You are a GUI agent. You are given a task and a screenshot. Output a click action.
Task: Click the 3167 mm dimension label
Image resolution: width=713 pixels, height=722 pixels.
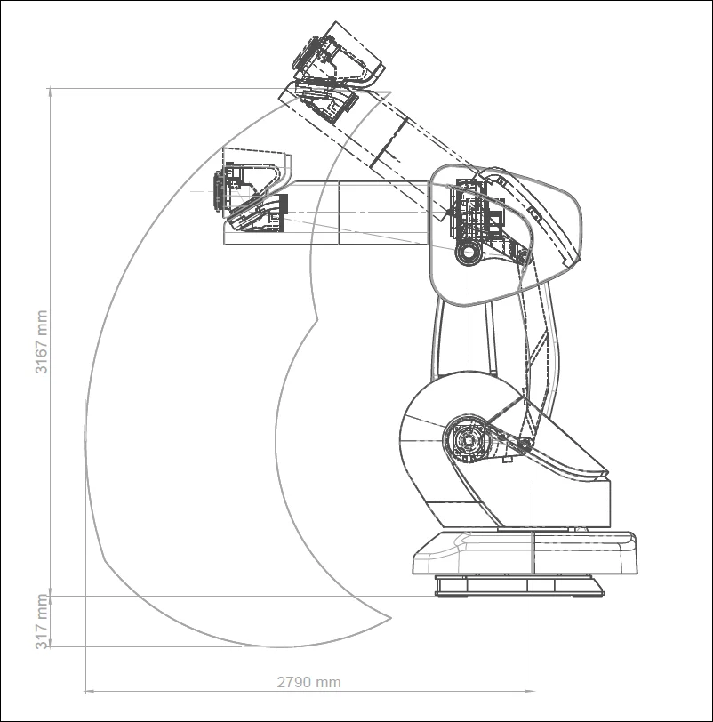coord(42,341)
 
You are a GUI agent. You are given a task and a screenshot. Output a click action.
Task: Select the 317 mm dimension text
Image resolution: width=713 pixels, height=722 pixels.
coord(42,622)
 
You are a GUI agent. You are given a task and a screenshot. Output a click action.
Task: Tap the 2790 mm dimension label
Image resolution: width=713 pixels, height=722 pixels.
coord(308,683)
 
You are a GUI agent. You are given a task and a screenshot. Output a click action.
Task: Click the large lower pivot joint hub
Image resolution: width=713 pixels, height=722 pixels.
coord(468,438)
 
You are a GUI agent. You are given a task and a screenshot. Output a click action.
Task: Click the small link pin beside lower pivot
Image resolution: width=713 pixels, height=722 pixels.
coord(525,445)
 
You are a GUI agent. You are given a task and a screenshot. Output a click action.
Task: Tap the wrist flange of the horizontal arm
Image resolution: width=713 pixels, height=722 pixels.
coord(218,191)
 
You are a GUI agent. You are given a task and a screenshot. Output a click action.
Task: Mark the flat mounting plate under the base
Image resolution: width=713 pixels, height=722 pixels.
coord(518,587)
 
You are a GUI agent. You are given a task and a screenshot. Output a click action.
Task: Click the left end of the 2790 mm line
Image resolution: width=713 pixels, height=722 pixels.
coord(85,690)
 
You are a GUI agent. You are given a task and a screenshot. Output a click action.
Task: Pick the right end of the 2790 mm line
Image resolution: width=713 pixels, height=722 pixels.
coord(533,690)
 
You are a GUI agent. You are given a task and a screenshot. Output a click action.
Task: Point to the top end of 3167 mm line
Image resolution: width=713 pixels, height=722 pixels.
coord(51,88)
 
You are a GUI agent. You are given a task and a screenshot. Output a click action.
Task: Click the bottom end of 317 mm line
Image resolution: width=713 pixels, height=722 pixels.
coord(51,646)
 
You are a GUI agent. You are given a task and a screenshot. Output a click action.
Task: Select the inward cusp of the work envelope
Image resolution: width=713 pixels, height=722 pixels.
coord(316,317)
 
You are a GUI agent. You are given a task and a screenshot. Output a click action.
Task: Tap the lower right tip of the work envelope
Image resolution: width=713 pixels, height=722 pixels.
coord(392,615)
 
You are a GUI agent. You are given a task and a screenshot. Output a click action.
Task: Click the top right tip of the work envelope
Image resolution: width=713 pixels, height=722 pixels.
coord(390,92)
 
